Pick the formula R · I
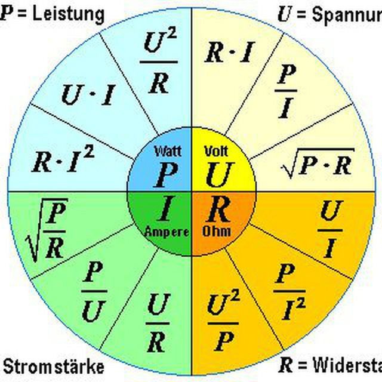tap(229, 54)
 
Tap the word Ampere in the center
tap(167, 231)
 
